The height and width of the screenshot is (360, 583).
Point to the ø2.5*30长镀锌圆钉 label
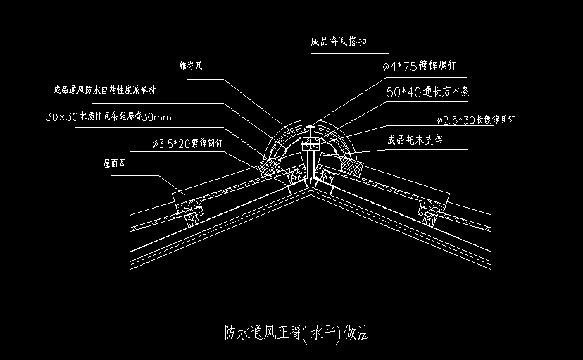point(476,120)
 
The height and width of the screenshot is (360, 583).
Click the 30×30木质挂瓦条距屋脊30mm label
point(109,116)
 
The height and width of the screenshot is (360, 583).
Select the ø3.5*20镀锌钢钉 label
point(187,144)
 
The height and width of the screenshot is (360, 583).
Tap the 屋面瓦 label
point(114,163)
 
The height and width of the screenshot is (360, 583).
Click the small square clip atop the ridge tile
point(311,122)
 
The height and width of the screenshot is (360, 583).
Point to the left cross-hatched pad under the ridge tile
point(269,167)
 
